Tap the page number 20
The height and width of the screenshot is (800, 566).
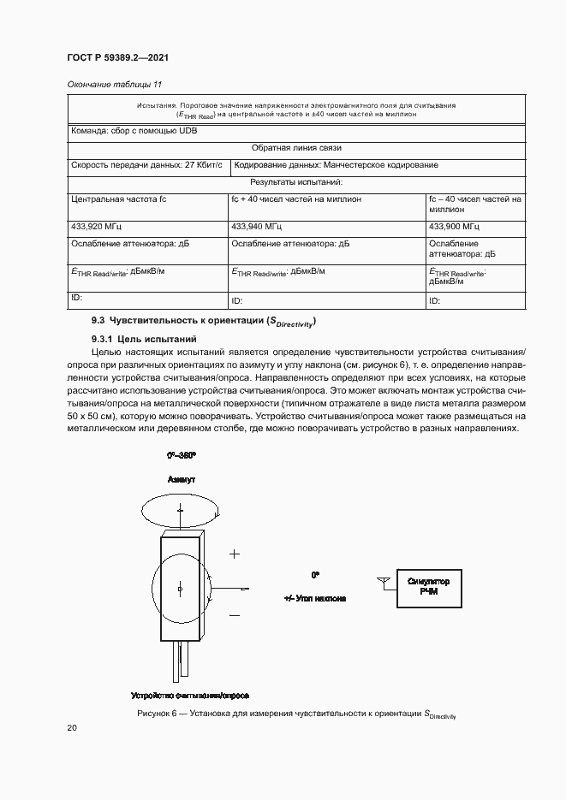pos(72,727)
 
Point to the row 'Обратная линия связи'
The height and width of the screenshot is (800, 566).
pos(296,148)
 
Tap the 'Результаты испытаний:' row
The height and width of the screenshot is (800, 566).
pos(296,182)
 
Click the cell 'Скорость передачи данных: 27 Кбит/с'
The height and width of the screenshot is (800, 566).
pos(146,165)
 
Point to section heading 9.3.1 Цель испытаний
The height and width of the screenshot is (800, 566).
pos(139,339)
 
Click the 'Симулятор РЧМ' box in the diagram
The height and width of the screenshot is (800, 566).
pos(429,586)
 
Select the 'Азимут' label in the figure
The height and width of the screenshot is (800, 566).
pos(182,481)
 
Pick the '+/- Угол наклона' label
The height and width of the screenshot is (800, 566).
pos(315,599)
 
